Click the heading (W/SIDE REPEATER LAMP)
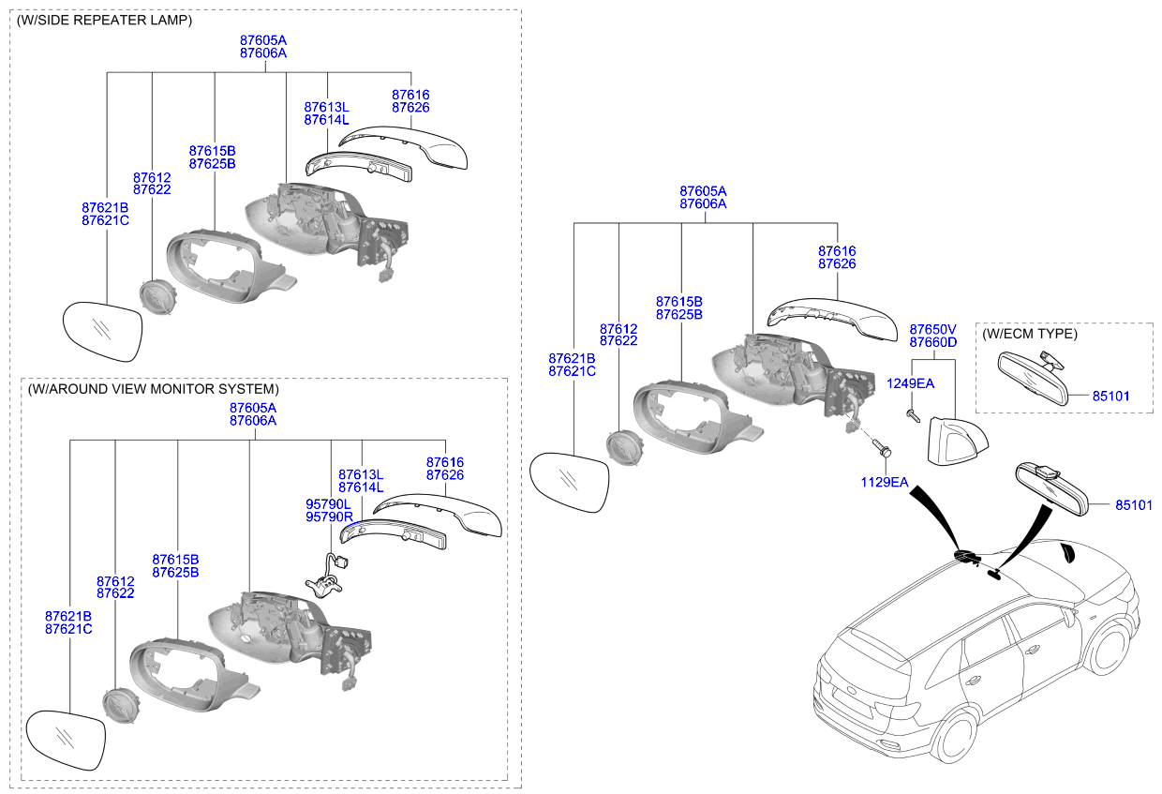coord(104,21)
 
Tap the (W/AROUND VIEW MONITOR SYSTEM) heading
coord(153,389)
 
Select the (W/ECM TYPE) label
coord(1030,334)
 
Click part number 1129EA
coord(885,482)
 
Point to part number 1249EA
coord(911,383)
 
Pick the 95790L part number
coord(328,504)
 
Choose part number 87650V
coord(932,330)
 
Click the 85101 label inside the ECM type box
coord(1111,396)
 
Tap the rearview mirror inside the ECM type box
coord(1033,377)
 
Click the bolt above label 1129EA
coord(882,447)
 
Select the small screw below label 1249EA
coord(913,415)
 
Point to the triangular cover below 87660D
coord(957,441)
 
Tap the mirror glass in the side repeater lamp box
coord(102,332)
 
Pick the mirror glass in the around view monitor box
coord(66,741)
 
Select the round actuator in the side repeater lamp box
coord(158,298)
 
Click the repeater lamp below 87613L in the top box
coord(359,167)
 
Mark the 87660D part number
coord(932,342)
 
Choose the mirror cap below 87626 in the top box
coord(403,148)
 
